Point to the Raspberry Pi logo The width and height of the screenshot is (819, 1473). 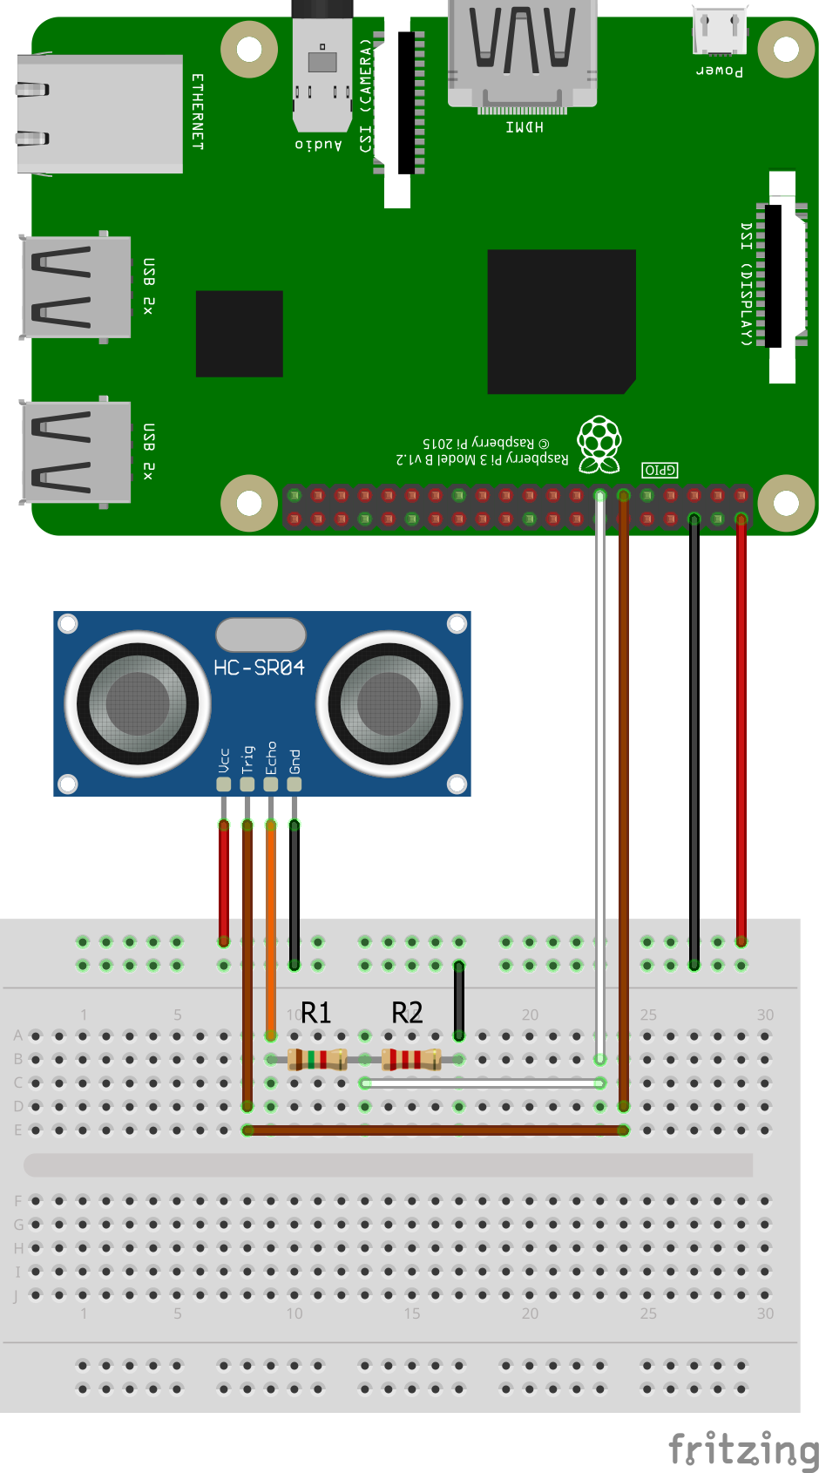coord(599,443)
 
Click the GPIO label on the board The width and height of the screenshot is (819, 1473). coord(660,470)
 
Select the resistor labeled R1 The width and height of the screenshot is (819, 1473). coord(317,1059)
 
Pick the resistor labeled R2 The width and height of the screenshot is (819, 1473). coord(411,1059)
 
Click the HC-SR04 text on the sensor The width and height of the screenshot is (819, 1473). coord(259,668)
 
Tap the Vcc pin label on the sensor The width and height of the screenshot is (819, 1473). coord(224,760)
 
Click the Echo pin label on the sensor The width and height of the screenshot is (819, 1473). coord(271,757)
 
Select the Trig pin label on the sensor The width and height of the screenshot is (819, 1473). coord(247,759)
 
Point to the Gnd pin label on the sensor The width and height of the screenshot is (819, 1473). coord(294,761)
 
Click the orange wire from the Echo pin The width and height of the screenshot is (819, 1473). coord(271,924)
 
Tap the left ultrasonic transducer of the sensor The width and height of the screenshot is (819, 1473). coord(138,703)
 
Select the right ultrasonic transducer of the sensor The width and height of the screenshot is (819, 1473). coord(389,703)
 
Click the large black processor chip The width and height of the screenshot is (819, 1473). coord(561,322)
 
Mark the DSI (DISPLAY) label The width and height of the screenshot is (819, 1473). coord(747,283)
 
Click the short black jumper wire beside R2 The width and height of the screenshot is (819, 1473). coord(458,1000)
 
